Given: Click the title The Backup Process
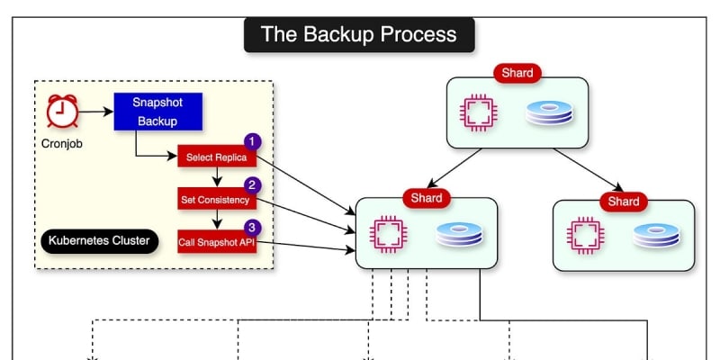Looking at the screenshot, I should [358, 35].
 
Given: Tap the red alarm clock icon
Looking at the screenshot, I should [62, 112].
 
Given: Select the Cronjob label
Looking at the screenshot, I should [62, 142].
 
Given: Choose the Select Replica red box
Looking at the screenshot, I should [216, 157].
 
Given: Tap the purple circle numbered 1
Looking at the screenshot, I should [253, 141].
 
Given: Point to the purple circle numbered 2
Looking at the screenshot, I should [253, 184].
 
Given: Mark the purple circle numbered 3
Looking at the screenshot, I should [253, 227].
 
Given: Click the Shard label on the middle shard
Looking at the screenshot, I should [427, 197].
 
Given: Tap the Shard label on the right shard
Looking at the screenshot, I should [623, 201].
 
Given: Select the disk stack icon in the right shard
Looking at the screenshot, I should [654, 235].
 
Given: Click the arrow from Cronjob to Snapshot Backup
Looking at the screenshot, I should [97, 112].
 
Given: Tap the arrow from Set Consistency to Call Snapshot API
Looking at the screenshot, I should [216, 220].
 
